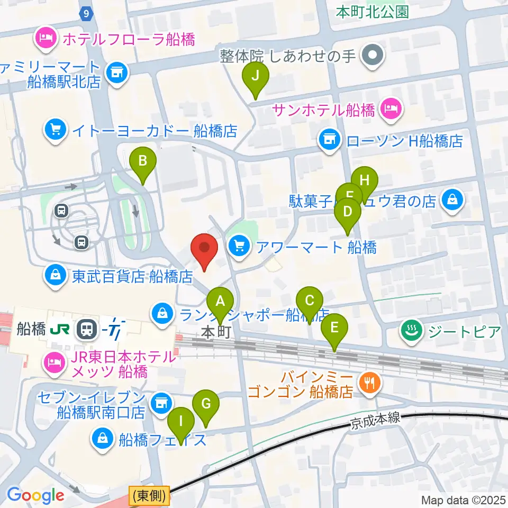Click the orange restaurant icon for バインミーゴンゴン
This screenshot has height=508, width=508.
coord(369,382)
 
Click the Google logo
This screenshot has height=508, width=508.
coord(35,495)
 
